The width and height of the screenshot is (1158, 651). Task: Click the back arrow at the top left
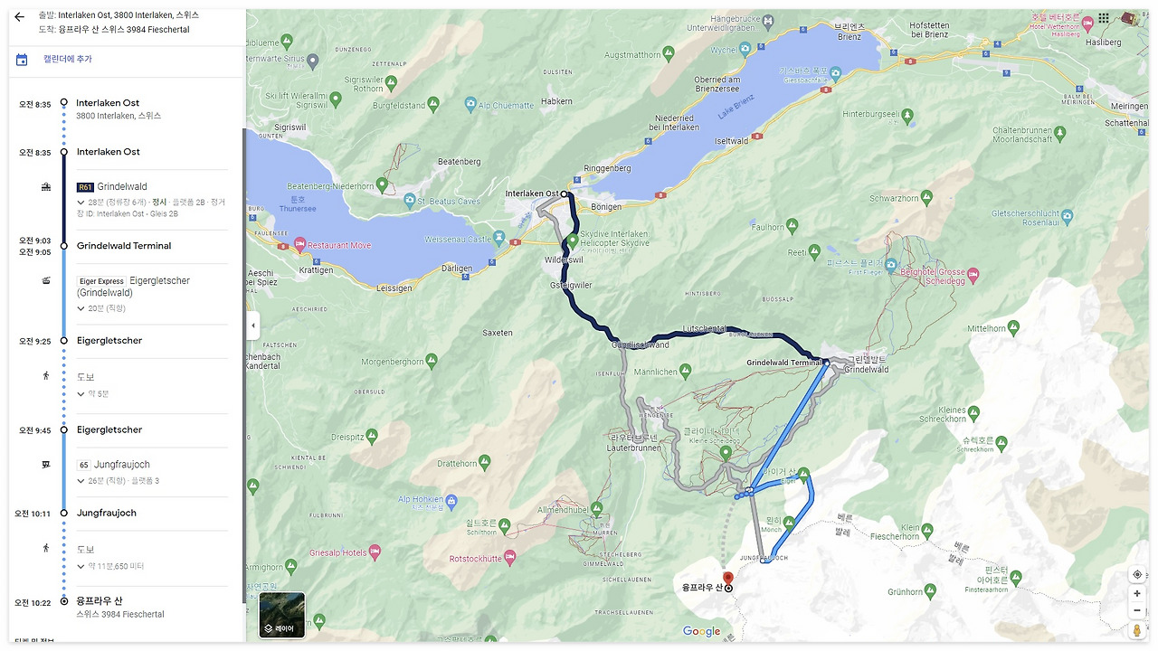19,16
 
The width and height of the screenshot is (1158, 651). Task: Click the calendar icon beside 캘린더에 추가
22,60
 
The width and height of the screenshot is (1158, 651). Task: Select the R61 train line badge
85,187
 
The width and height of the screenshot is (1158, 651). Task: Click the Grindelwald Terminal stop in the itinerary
124,246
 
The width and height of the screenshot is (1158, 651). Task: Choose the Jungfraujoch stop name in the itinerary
107,513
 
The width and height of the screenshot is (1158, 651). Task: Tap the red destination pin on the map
727,579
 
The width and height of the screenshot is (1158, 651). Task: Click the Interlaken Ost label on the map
531,194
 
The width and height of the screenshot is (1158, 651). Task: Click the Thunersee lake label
304,204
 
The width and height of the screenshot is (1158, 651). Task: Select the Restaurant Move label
339,245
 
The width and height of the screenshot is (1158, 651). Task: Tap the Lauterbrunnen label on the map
631,447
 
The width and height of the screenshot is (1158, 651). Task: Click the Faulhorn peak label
767,228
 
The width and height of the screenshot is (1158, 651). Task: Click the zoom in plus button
1137,594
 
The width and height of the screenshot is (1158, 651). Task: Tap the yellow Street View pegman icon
1137,630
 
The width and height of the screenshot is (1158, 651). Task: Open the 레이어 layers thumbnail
282,615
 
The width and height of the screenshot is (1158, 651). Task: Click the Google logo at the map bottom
701,632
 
